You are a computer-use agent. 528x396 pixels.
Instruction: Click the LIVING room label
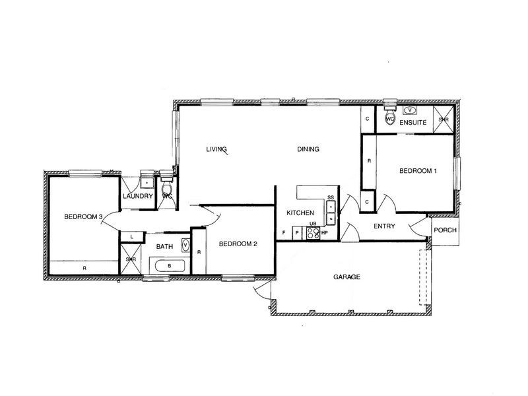[216, 149]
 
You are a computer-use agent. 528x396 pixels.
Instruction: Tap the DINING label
[308, 149]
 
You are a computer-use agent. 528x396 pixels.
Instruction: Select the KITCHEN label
[300, 213]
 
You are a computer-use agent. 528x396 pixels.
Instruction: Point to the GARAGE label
[347, 277]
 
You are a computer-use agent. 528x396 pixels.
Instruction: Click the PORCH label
[445, 230]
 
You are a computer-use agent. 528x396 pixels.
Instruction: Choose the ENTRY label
[384, 226]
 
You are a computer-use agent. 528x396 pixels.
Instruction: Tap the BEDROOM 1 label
[418, 171]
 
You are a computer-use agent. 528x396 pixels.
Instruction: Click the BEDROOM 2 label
[238, 244]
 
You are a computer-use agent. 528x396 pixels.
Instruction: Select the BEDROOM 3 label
[83, 216]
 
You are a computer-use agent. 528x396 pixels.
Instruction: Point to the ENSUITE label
[413, 122]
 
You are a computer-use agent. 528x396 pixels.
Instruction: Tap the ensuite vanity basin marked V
[410, 110]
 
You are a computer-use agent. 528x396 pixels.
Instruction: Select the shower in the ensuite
[444, 119]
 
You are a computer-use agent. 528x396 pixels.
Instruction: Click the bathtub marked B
[170, 266]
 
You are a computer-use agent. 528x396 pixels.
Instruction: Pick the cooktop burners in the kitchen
[313, 233]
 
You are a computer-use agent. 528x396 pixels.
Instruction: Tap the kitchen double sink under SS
[331, 212]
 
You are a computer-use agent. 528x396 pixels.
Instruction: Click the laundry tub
[147, 182]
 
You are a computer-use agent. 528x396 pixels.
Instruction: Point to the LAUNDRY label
[138, 196]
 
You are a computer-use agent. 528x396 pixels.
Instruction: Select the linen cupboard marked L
[131, 237]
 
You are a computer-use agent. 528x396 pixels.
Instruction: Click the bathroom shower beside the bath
[131, 259]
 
